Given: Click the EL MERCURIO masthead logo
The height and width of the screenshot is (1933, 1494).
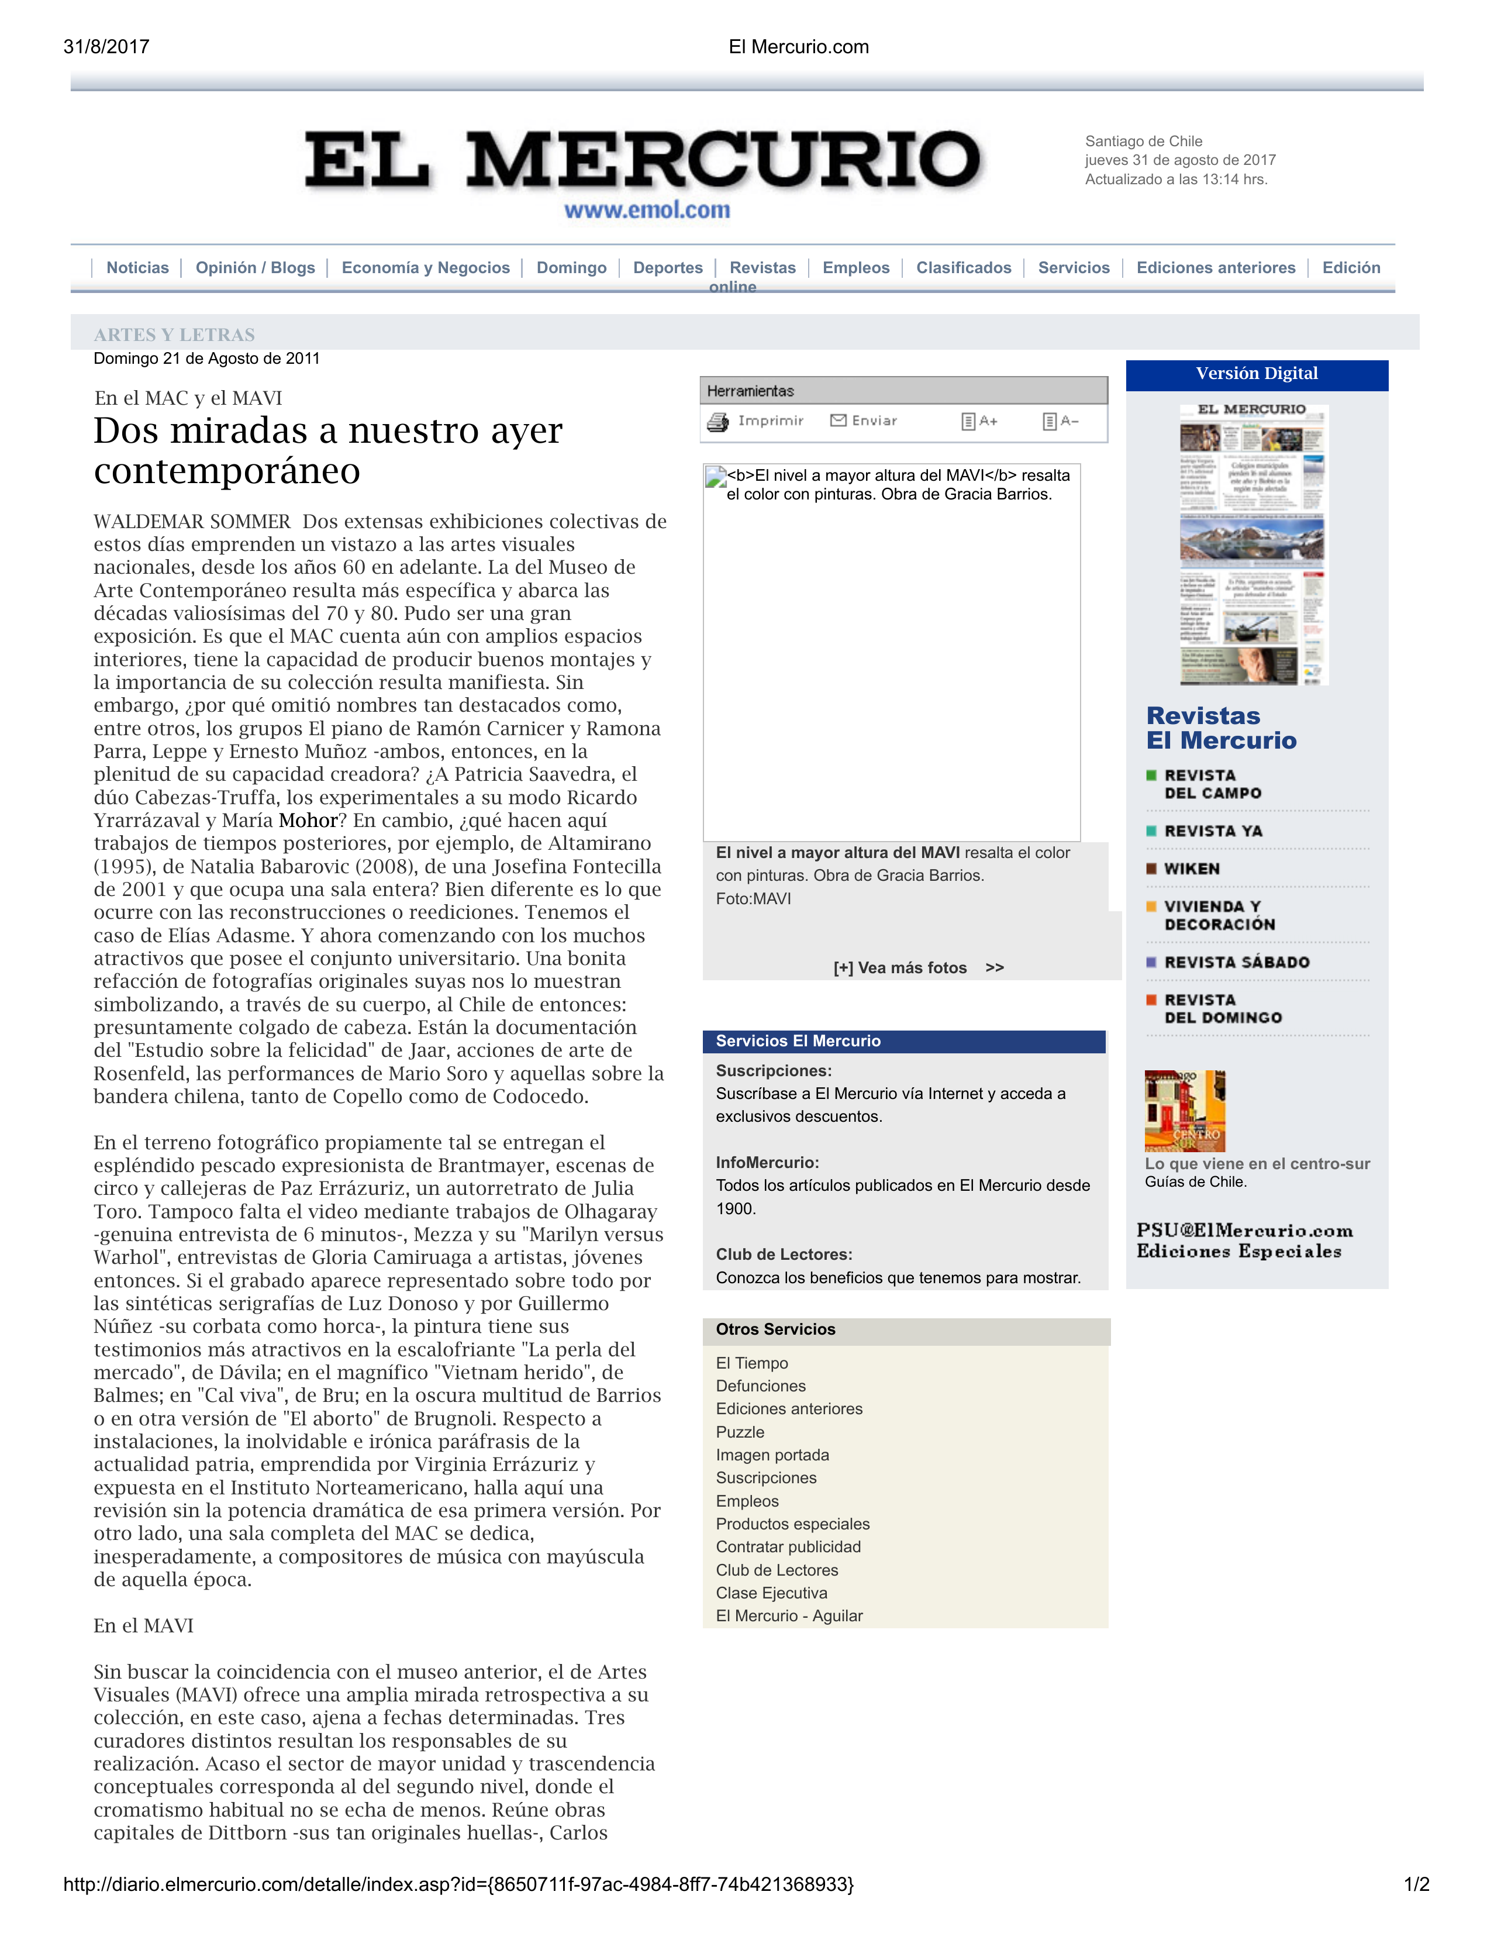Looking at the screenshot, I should (x=643, y=160).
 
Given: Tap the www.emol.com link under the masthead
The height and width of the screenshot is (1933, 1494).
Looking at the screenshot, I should (x=647, y=210).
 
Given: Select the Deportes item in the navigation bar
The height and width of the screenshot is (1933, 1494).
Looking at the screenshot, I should (x=667, y=267).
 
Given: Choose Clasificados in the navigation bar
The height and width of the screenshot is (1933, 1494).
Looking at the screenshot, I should (x=963, y=267).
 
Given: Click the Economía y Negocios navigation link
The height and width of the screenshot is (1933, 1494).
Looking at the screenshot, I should (x=426, y=267).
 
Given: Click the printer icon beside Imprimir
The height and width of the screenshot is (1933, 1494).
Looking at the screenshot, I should (x=718, y=422).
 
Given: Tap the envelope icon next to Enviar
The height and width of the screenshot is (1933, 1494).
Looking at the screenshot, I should (x=837, y=421).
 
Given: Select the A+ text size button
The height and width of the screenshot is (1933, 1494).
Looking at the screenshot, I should (x=979, y=421).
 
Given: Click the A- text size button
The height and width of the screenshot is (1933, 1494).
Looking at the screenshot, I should (x=1060, y=421).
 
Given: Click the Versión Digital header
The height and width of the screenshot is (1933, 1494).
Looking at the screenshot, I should (x=1256, y=374).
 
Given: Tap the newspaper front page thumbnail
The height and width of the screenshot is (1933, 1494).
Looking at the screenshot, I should (x=1253, y=545).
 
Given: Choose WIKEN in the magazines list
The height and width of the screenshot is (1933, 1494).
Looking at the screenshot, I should (x=1191, y=869).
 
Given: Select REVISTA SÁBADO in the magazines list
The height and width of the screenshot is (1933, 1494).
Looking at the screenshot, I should (x=1236, y=962).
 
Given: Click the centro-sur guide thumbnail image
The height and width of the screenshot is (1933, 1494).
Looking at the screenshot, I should (x=1184, y=1110).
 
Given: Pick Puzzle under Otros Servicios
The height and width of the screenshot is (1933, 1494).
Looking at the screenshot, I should (x=740, y=1431).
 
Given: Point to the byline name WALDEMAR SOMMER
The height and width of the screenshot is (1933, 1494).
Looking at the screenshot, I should (x=192, y=521).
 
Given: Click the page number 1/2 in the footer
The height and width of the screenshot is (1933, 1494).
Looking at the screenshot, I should (x=1416, y=1884).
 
